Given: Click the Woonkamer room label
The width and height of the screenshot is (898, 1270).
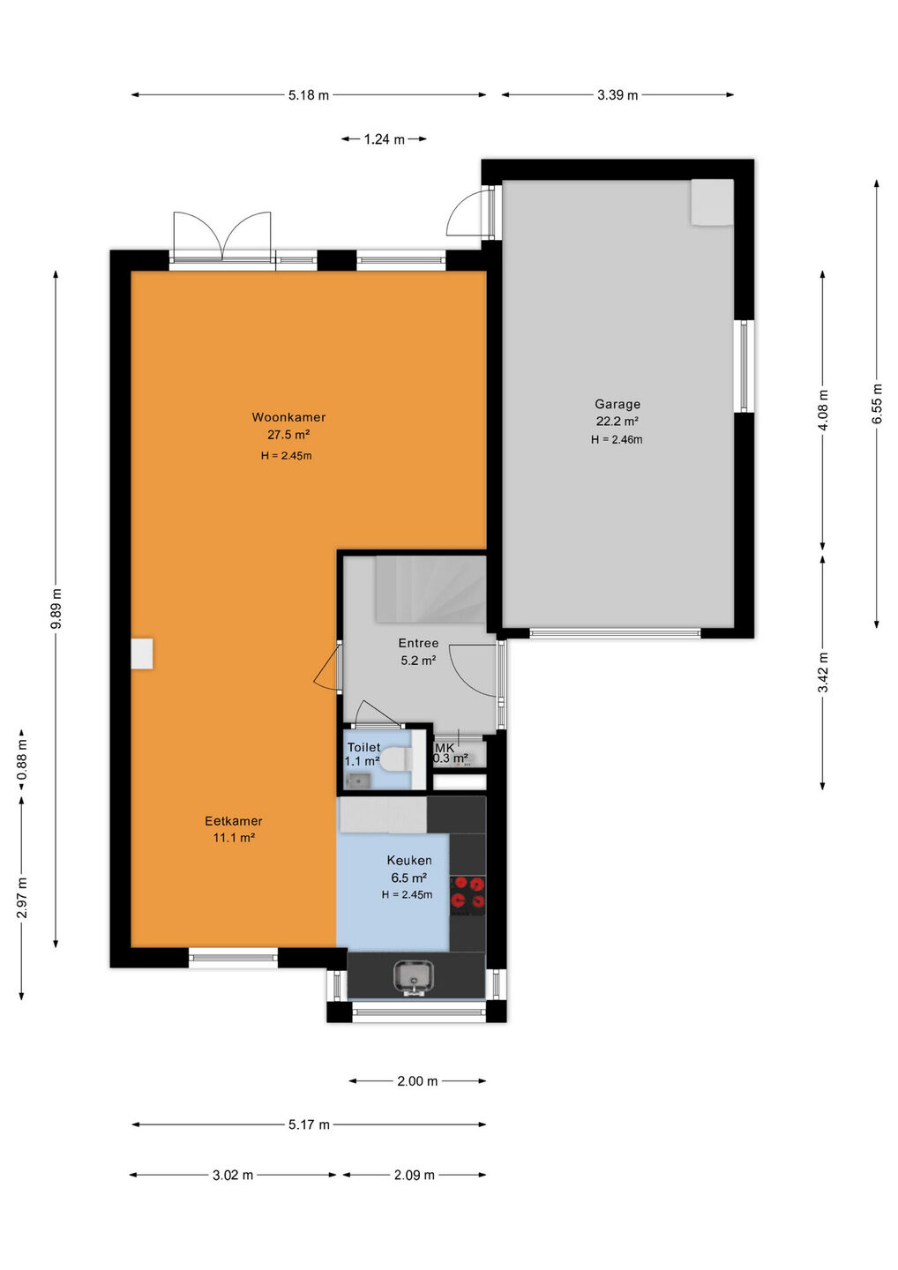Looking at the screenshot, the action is click(288, 417).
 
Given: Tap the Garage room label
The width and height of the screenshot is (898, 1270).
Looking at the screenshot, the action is click(617, 404).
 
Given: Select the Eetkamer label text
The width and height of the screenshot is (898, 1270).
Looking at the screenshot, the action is click(234, 821).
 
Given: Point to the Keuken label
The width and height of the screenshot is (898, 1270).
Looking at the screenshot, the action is click(409, 860).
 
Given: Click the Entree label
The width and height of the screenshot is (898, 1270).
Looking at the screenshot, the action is click(418, 643).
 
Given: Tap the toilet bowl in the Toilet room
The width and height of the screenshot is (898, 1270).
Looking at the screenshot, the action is click(397, 759).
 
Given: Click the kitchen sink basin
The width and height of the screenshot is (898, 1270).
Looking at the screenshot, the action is click(414, 975).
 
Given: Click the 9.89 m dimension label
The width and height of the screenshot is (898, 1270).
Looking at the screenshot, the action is click(56, 609).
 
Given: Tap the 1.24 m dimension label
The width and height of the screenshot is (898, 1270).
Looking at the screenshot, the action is click(385, 139).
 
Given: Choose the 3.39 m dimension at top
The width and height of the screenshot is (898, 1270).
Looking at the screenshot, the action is click(617, 94).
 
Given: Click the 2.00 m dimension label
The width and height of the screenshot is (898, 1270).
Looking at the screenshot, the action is click(417, 1081).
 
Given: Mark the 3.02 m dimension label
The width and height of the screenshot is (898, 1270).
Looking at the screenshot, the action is click(233, 1176).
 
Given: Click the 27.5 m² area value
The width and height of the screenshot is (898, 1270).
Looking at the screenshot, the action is click(288, 435).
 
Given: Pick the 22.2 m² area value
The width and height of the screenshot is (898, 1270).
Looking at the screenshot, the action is click(617, 422).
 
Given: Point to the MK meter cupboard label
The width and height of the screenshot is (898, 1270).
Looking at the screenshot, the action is click(445, 748).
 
